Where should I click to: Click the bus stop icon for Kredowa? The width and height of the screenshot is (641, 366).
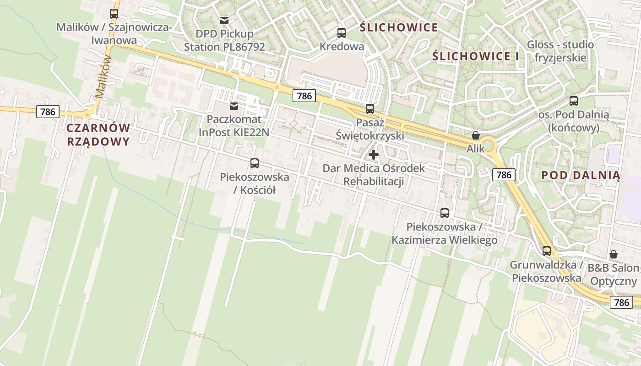(x=342, y=32)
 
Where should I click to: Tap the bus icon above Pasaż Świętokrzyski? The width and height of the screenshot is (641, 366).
(x=370, y=109)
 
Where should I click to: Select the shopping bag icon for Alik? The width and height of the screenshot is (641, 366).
(x=476, y=135)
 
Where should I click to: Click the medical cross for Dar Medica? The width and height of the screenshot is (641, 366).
(x=374, y=155)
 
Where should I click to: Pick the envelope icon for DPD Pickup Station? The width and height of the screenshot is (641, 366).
(x=224, y=20)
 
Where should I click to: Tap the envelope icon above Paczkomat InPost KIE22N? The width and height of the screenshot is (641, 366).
(x=234, y=106)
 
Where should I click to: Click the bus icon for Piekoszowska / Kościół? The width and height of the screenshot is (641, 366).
(x=255, y=163)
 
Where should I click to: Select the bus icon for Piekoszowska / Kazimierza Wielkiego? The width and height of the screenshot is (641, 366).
(x=445, y=213)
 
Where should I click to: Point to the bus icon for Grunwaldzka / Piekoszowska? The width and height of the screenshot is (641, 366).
(x=547, y=251)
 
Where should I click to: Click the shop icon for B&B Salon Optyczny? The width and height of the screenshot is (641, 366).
(x=614, y=254)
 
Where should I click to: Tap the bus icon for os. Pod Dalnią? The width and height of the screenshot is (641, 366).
(x=574, y=101)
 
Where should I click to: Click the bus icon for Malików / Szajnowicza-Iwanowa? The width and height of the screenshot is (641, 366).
(x=114, y=14)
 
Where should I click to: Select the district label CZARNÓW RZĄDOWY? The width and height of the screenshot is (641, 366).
(x=98, y=135)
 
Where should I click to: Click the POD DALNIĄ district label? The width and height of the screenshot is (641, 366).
(x=581, y=175)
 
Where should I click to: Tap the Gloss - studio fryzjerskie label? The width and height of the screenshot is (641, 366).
(x=560, y=51)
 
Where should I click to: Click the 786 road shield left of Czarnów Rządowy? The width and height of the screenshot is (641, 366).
(x=48, y=112)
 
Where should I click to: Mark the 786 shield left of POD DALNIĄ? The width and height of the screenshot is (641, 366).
(x=504, y=174)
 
